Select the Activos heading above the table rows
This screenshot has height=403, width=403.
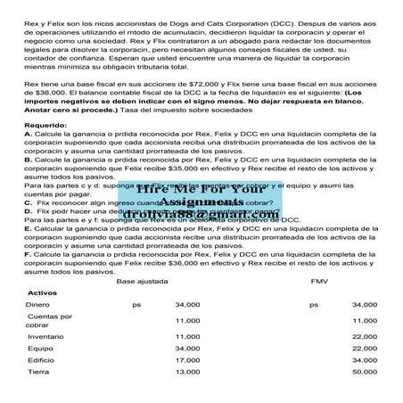(x=42, y=292)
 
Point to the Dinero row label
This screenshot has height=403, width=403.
(x=37, y=305)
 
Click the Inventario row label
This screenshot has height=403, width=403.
(x=45, y=336)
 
